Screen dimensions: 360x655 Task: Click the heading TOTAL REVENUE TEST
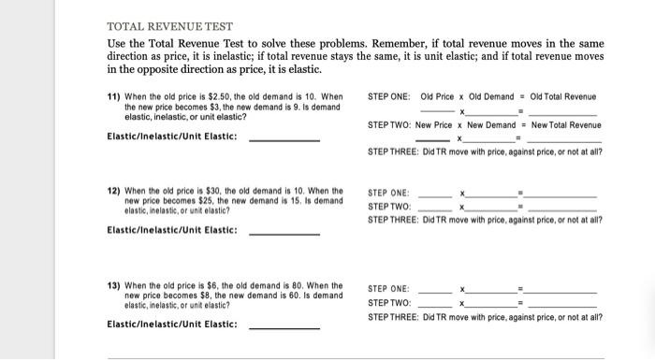coord(170,26)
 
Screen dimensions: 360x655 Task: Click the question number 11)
coord(115,97)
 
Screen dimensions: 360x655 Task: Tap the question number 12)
coord(115,192)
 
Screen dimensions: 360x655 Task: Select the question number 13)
coord(115,285)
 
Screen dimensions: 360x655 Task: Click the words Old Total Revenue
coord(562,97)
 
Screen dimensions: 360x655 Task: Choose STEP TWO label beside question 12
coord(388,207)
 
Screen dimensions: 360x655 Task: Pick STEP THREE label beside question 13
coord(393,317)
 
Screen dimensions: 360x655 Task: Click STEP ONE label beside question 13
coord(388,289)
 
